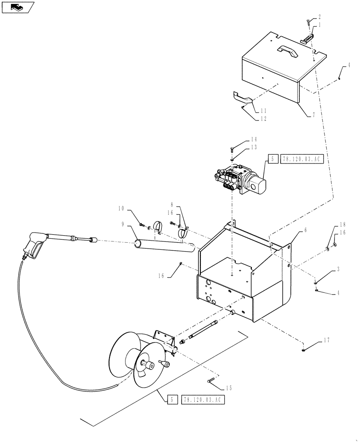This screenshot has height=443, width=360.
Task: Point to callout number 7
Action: (x=313, y=115)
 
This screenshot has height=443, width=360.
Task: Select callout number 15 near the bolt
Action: (x=228, y=389)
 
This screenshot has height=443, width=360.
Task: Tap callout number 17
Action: (x=326, y=341)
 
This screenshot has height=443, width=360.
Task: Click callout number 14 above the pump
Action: (x=242, y=139)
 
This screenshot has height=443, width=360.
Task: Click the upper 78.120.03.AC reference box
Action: (x=301, y=159)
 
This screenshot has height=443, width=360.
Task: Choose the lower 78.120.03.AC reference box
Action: (x=202, y=400)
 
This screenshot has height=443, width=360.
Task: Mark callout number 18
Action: (x=342, y=225)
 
